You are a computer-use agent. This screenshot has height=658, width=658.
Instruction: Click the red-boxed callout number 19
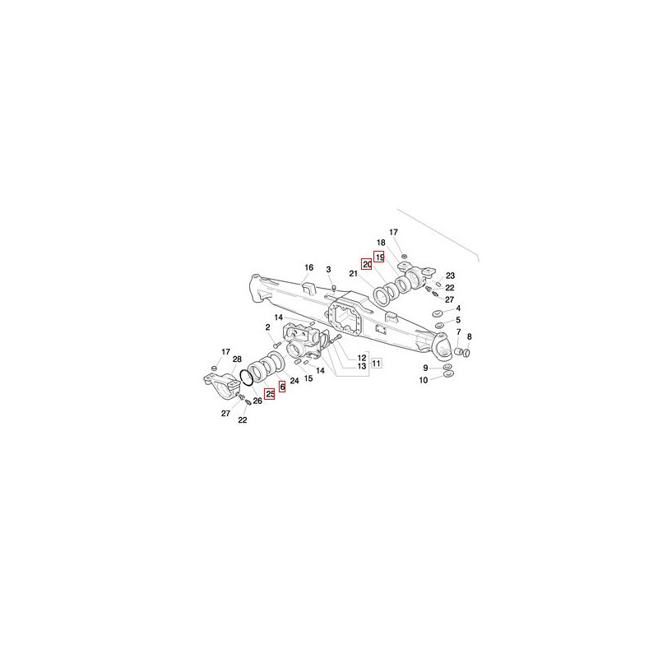pyautogui.click(x=379, y=257)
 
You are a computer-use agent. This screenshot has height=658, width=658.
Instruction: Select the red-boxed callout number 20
pyautogui.click(x=367, y=264)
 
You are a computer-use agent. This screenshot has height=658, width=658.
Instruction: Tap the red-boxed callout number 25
pyautogui.click(x=270, y=394)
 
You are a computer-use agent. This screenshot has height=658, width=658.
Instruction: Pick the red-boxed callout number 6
pyautogui.click(x=282, y=387)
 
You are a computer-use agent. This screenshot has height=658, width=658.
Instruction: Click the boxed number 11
pyautogui.click(x=377, y=363)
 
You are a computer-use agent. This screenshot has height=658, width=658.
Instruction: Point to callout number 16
pyautogui.click(x=309, y=268)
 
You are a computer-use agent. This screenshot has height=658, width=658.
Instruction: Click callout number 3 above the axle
pyautogui.click(x=328, y=270)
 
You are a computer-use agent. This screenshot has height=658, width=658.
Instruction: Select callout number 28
pyautogui.click(x=237, y=359)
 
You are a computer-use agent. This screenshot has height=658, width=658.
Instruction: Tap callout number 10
pyautogui.click(x=424, y=380)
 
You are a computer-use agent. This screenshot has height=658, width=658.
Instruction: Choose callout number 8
pyautogui.click(x=469, y=336)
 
